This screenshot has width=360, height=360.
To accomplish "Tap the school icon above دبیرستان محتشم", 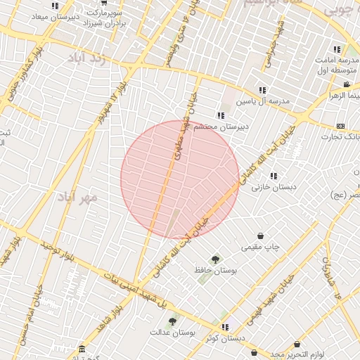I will [221, 115].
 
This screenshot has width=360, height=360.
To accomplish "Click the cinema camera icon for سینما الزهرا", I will [347, 84].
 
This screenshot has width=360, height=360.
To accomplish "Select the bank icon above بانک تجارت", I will [340, 126].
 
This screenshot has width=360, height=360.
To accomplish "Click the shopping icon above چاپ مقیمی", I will [262, 236].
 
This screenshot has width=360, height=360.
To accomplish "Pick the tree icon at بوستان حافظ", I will [215, 259].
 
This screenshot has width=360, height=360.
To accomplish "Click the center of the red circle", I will [180, 179].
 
